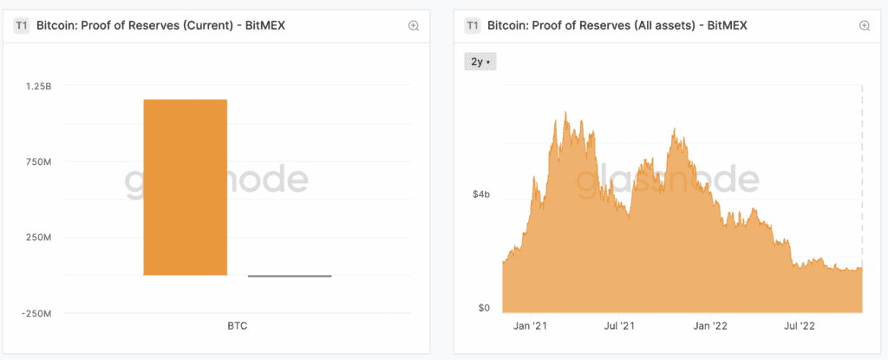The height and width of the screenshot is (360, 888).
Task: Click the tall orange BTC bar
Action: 185,187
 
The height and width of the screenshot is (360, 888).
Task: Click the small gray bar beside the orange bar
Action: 289,276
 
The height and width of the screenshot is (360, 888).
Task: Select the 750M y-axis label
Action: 40,162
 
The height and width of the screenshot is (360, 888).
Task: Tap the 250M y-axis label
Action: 40,238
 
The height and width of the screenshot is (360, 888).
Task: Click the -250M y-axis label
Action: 37,313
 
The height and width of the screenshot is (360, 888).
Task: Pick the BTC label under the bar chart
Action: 237,327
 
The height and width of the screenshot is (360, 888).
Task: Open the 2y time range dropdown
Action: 480,62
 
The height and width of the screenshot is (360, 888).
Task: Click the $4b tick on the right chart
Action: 481,195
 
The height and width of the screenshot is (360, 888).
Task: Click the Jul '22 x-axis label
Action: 798,327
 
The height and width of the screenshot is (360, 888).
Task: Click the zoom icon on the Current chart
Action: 414,26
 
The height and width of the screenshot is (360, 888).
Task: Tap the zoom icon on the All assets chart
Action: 864,26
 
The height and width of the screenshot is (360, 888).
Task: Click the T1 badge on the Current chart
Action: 21,26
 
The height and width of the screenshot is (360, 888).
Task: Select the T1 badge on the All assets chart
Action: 473,26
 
